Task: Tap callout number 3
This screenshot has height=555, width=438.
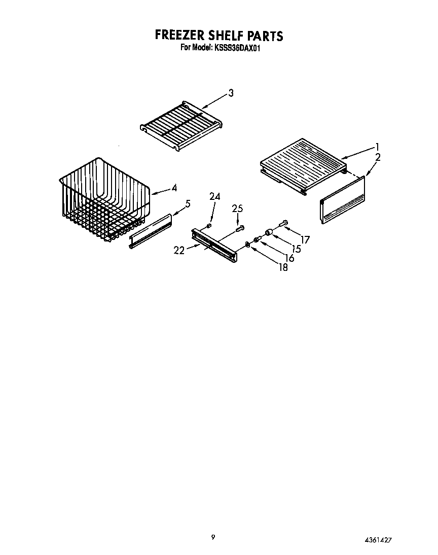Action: click(231, 93)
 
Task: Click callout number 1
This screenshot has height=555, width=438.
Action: click(377, 146)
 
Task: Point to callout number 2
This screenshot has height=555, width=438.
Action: click(378, 157)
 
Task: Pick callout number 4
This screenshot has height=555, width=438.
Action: click(174, 188)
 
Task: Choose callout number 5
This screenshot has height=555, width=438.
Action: click(188, 204)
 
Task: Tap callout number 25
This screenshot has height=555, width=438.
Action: click(237, 208)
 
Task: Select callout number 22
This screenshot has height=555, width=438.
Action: click(179, 249)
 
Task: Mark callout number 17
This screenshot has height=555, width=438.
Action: click(305, 239)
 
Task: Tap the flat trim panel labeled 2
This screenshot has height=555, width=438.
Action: click(343, 199)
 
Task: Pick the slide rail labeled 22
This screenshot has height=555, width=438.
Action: click(215, 245)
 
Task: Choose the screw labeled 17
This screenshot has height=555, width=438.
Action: click(283, 223)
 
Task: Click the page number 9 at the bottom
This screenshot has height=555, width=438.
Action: click(213, 537)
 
